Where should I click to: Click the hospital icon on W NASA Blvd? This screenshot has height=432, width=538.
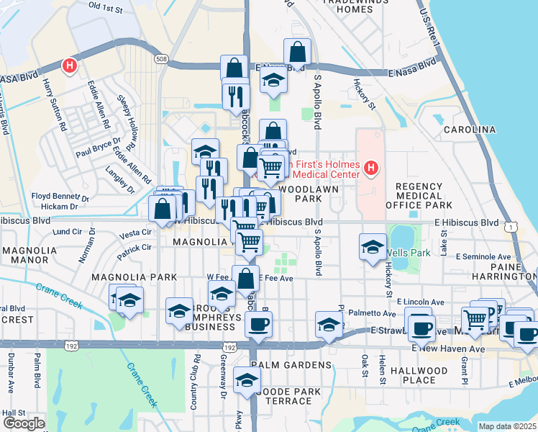click(70, 66)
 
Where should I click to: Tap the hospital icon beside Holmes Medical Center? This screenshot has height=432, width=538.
click(371, 169)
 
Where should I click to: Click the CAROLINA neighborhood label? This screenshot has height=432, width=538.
click(469, 130)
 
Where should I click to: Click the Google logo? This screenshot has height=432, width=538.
click(24, 424)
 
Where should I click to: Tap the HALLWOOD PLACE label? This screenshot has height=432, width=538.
click(419, 375)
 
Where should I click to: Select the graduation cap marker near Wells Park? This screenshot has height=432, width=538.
click(373, 246)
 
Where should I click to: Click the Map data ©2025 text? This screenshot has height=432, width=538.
click(507, 426)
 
